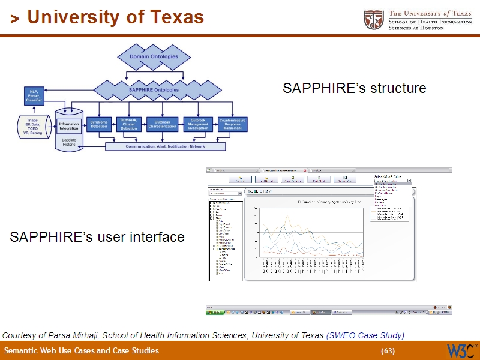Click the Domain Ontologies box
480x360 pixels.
(x=154, y=57)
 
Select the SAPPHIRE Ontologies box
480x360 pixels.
(x=154, y=90)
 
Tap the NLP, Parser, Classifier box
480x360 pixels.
(x=34, y=95)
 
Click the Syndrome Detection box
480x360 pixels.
(x=99, y=124)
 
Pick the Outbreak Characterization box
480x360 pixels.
(x=162, y=124)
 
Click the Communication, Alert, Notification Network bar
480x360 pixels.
(x=165, y=146)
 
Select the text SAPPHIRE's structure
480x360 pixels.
(x=354, y=89)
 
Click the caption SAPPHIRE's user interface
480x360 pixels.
(x=97, y=238)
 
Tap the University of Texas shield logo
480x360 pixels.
(x=374, y=20)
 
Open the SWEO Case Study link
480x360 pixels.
(x=365, y=335)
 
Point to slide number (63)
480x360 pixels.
(x=388, y=351)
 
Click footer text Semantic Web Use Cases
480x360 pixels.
(x=82, y=351)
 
